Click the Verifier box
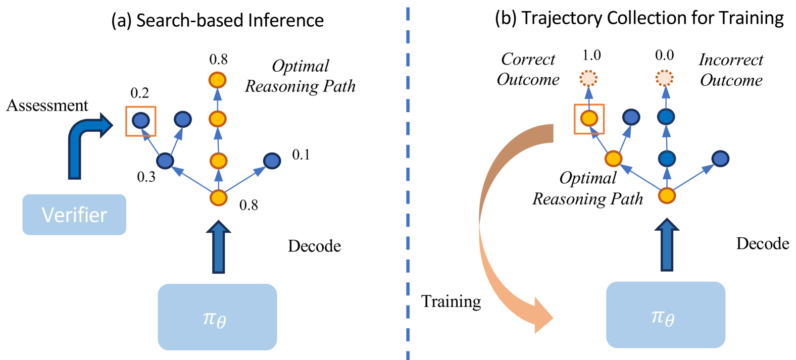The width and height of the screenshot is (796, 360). click(74, 215)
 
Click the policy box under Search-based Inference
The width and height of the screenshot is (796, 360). click(217, 317)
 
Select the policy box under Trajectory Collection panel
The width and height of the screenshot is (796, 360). click(665, 315)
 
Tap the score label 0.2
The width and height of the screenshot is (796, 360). click(139, 93)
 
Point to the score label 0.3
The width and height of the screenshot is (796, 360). click(146, 177)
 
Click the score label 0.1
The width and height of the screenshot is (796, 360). click(301, 155)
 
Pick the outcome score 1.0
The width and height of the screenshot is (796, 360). click(591, 55)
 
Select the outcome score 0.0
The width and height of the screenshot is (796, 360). click(664, 55)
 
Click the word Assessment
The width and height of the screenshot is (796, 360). click(47, 106)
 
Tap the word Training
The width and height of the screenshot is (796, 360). click(451, 301)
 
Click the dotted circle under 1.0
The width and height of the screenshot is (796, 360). click(588, 78)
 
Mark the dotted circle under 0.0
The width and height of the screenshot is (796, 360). click(665, 78)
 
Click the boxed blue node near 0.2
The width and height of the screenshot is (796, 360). click(140, 121)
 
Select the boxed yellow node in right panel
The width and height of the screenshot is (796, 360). click(589, 119)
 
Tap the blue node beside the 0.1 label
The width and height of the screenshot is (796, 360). click(272, 161)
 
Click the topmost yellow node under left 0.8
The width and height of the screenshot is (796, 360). click(217, 80)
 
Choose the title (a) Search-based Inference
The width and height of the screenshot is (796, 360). click(217, 20)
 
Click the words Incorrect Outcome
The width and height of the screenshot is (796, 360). click(731, 70)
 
